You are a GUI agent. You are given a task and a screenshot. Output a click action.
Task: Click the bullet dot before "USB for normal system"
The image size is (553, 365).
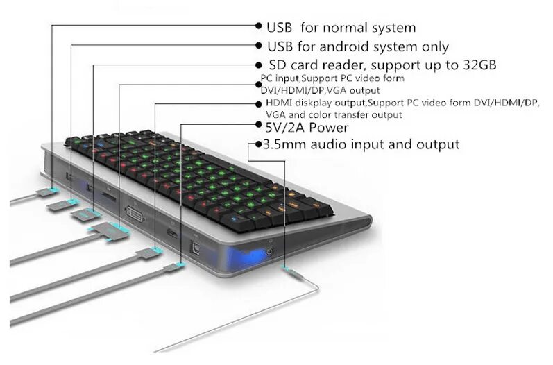point(257,28)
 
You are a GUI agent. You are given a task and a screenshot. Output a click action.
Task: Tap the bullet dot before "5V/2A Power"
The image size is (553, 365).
point(257,128)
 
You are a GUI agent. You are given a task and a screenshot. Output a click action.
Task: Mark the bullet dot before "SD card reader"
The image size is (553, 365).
point(257,65)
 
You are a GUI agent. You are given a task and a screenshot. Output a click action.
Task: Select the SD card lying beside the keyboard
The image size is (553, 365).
point(84,214)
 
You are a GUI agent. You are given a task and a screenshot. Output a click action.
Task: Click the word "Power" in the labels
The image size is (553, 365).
point(330,128)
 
